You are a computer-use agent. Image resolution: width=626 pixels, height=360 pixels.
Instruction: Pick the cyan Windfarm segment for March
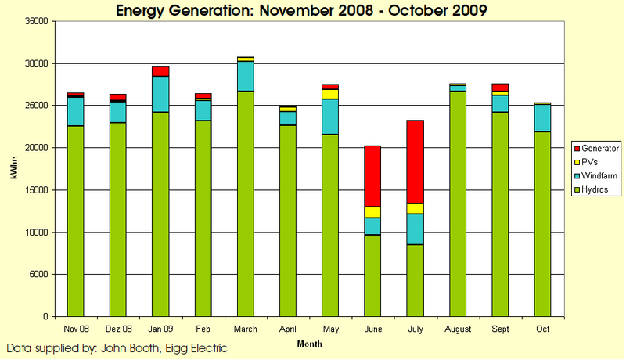[245, 76]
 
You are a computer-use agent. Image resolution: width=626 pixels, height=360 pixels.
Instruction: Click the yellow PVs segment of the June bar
[372, 212]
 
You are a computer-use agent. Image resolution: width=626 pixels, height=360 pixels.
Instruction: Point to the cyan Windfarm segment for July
[416, 229]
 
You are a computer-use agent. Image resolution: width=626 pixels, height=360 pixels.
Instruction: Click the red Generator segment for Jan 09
[160, 71]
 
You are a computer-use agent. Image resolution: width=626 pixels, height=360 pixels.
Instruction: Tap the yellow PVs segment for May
[330, 94]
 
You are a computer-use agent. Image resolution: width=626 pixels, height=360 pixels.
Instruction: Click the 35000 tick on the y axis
[37, 21]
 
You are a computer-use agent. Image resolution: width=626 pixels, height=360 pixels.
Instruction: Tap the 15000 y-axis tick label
[37, 190]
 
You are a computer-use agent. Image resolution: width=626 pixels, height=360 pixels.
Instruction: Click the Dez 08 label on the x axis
[117, 329]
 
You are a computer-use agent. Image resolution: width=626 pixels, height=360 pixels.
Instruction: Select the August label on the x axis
[458, 329]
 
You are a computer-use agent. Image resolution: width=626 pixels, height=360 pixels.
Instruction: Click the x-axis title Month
[309, 343]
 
